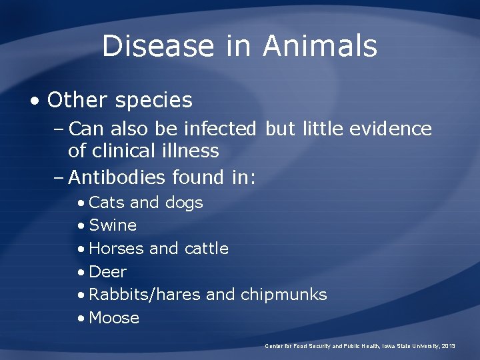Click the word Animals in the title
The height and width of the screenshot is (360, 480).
click(x=320, y=46)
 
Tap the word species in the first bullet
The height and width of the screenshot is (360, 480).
click(x=153, y=100)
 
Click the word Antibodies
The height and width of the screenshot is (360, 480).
click(x=117, y=177)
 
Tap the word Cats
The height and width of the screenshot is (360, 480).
click(x=106, y=202)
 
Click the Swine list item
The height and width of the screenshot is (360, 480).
click(x=112, y=225)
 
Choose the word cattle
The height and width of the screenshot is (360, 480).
click(x=206, y=249)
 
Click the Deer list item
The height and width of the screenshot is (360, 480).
click(x=107, y=272)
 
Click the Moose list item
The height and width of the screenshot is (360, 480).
click(x=113, y=318)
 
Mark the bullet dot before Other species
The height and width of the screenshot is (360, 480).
click(x=35, y=101)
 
